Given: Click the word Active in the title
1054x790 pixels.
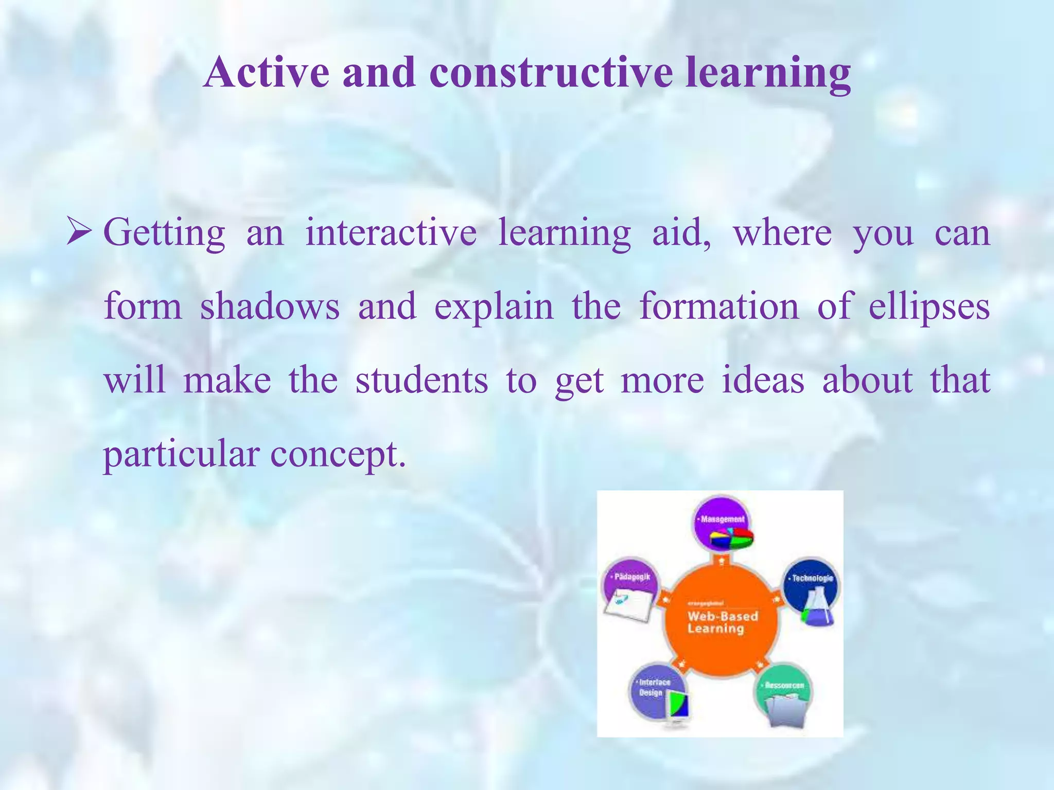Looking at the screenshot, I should point(267,73).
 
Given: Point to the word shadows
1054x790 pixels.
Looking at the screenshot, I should point(270,307).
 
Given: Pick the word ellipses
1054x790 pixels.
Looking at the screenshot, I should point(929,307).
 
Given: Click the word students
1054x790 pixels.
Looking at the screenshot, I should point(421,381).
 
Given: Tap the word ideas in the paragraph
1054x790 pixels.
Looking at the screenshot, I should point(763,381).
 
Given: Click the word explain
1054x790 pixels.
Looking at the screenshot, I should point(494,307).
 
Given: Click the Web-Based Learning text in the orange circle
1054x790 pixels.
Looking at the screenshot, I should point(722,622).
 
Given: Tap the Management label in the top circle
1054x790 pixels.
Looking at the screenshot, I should point(722,519).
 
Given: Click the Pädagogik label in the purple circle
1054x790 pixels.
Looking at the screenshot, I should point(632,577).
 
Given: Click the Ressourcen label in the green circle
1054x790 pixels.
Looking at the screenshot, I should point(784,686).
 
